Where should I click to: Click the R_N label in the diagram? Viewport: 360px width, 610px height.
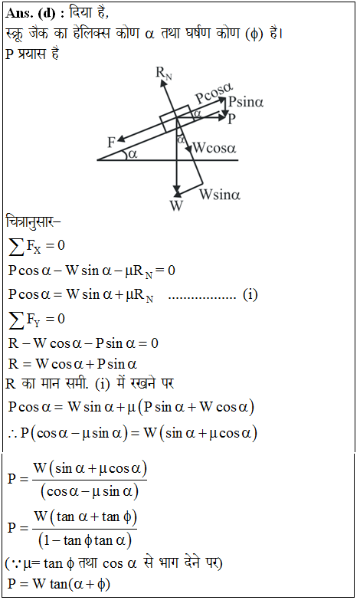163,73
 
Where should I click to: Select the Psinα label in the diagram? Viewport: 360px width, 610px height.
246,102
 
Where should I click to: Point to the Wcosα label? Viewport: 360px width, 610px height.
214,148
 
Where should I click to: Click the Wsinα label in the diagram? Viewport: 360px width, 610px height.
220,194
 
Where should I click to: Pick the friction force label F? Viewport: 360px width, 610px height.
111,143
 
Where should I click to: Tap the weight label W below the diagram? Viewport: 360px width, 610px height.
176,205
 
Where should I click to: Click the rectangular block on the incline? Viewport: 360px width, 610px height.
176,118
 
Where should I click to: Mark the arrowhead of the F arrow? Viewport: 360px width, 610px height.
119,139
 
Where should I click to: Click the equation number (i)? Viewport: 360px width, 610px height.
250,294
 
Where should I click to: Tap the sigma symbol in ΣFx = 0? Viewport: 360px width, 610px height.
16,247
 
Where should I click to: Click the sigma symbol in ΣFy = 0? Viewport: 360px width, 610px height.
16,320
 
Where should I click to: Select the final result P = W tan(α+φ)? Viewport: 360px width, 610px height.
59,584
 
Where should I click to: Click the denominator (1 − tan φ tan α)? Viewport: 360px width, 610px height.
85,540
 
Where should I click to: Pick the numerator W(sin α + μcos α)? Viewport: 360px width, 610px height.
90,469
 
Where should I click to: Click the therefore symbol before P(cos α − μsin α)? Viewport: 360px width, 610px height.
13,434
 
